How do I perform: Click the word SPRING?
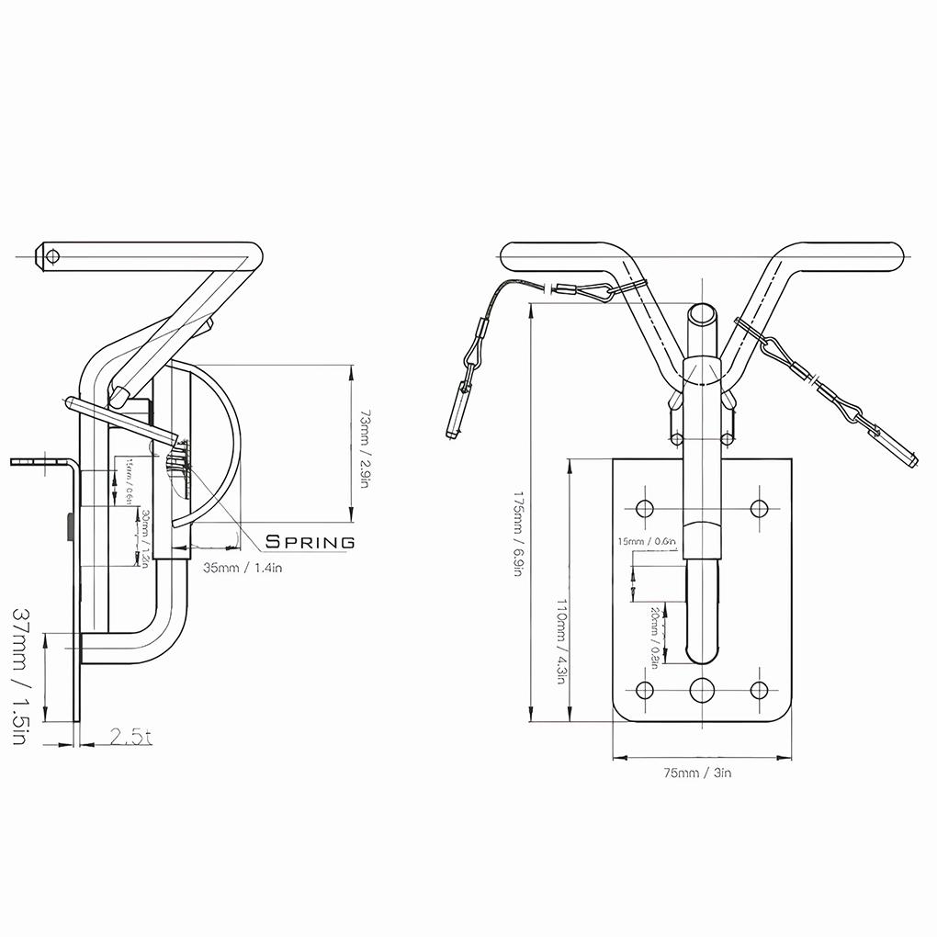click(310, 542)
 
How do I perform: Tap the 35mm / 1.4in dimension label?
click(242, 568)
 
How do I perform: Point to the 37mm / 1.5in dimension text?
click(25, 675)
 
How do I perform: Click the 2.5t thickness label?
click(130, 737)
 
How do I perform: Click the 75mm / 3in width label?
click(698, 773)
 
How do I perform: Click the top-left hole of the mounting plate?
click(644, 507)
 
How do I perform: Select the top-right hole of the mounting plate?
click(759, 507)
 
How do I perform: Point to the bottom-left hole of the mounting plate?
click(644, 690)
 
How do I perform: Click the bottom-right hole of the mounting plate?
click(759, 690)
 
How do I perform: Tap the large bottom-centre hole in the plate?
click(703, 690)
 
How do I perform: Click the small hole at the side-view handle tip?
click(51, 255)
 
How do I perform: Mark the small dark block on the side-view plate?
click(71, 528)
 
